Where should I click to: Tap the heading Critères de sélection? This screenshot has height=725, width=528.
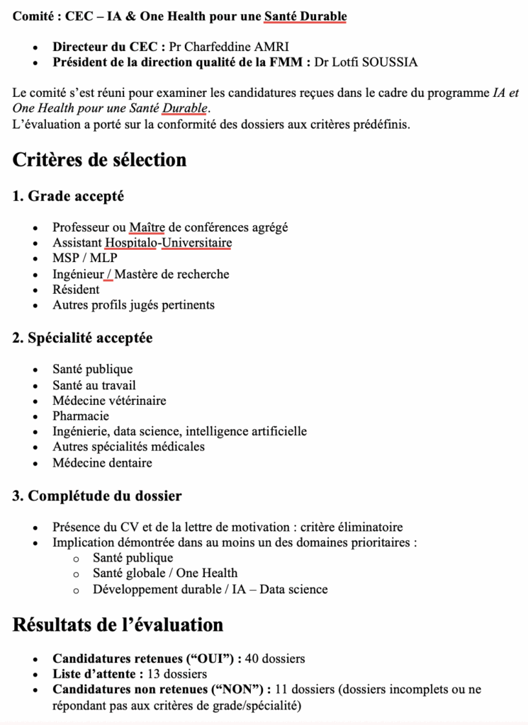click(x=99, y=160)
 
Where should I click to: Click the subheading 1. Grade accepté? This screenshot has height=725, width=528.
click(x=68, y=196)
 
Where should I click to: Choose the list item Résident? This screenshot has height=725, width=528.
click(x=76, y=290)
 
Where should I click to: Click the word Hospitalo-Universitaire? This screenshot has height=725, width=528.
click(x=168, y=243)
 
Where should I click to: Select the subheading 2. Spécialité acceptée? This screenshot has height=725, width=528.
click(x=82, y=338)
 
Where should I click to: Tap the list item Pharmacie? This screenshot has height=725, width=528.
click(x=81, y=416)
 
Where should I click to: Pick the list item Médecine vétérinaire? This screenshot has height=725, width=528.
click(x=109, y=400)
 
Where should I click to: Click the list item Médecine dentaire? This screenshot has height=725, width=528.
click(x=102, y=463)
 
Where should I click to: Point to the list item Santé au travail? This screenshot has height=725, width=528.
click(x=94, y=384)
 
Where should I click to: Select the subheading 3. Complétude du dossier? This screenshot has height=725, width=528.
click(x=96, y=496)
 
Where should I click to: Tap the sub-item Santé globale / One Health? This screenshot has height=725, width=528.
click(x=165, y=573)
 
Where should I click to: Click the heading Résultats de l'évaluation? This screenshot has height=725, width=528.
click(x=118, y=624)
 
